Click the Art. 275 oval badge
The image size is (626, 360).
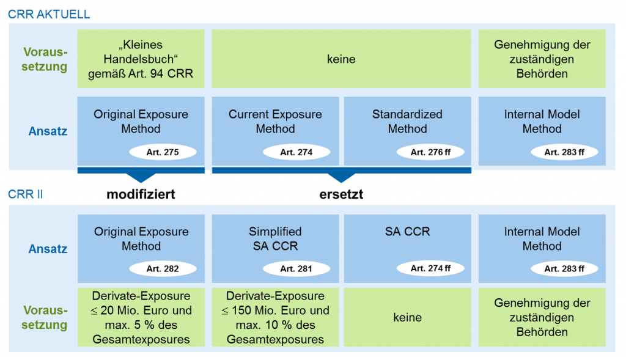point(163,152)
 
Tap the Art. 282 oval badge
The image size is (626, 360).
point(163,268)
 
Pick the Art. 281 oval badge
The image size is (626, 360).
point(296,268)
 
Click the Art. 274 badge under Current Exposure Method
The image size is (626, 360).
point(296,152)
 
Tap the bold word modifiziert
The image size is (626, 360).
point(141,195)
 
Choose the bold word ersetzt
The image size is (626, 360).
point(341,195)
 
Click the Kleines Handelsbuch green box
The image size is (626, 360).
point(141,59)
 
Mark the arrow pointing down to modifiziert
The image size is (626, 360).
point(141,177)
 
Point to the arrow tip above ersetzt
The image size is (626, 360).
point(341,178)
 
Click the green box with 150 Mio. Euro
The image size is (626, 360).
point(275,317)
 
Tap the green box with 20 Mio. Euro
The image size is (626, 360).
point(141,317)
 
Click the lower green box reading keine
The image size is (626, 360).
point(407,317)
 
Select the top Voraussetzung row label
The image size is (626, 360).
point(45,59)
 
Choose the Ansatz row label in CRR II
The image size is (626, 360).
point(48,249)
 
